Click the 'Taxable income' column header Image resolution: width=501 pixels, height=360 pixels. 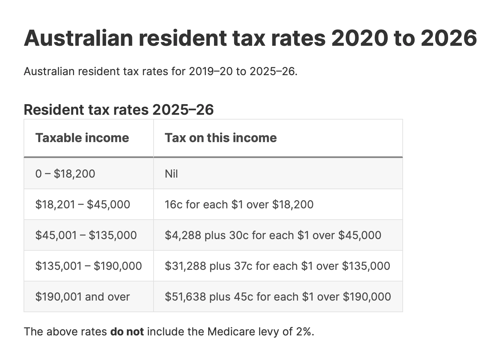pos(82,138)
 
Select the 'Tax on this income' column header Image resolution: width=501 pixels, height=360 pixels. pos(220,138)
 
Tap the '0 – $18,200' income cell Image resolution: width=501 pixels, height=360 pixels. pos(65,174)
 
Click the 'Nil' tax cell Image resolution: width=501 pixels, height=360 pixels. pos(171,174)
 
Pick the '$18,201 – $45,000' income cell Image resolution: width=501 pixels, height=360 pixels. pos(83,205)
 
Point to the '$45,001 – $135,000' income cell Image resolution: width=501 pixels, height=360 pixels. pos(86,235)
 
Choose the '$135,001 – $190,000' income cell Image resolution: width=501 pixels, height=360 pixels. pos(88,266)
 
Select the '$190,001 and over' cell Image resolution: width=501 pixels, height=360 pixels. pos(83,297)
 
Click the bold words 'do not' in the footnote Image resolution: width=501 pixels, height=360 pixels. pos(127,332)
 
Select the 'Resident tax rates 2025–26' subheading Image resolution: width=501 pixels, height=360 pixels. pos(119,110)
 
